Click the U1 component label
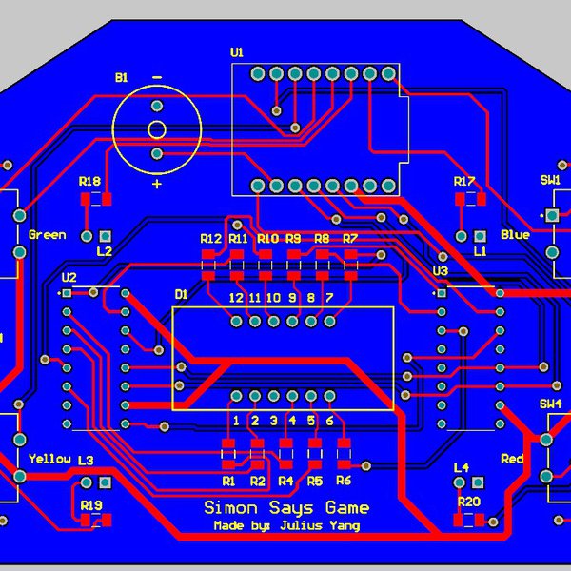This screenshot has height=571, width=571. tap(237, 52)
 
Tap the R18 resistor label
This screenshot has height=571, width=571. tap(89, 181)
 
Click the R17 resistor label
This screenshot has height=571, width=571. tap(463, 181)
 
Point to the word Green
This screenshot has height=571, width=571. tap(47, 234)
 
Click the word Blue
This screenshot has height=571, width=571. tap(515, 234)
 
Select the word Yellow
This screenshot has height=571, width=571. tap(49, 459)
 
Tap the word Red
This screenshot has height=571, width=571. tap(512, 459)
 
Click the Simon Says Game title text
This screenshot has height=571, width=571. tap(286, 507)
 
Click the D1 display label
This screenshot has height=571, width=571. tap(182, 295)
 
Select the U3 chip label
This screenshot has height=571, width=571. tap(440, 271)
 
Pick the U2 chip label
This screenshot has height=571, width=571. tap(69, 277)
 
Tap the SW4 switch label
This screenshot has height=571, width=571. tap(551, 404)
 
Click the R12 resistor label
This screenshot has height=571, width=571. tap(210, 238)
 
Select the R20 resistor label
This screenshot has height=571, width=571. tap(468, 501)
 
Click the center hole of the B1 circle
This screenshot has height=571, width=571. tap(157, 129)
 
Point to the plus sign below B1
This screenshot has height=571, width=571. tap(157, 185)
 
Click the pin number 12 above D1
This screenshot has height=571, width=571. tap(237, 298)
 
